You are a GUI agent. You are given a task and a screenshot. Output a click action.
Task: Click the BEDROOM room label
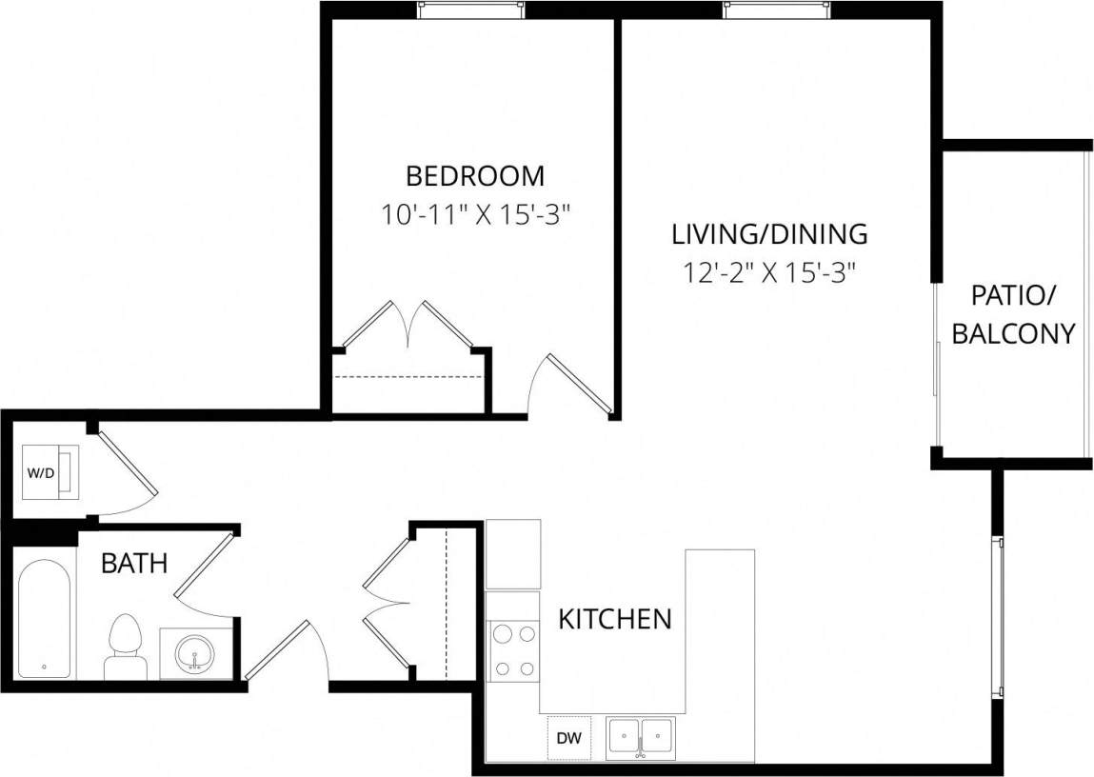[x=475, y=176]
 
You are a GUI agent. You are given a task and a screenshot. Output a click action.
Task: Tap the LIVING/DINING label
[x=769, y=233]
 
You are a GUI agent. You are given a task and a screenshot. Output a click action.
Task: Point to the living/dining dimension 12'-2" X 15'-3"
[x=769, y=273]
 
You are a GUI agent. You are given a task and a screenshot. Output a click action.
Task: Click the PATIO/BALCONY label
[x=1013, y=314]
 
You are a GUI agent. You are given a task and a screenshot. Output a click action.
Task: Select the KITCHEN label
[x=614, y=619]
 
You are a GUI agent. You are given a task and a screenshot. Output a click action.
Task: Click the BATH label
[x=134, y=564]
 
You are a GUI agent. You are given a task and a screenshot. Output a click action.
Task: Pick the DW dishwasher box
[x=569, y=737]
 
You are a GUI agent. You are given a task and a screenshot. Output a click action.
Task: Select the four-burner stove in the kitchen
[x=514, y=650]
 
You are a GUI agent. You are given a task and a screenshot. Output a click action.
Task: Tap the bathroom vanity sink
[x=197, y=652]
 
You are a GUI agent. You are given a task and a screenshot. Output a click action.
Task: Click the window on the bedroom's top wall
[x=471, y=10]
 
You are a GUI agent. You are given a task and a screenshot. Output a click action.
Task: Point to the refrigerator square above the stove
[x=513, y=554]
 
